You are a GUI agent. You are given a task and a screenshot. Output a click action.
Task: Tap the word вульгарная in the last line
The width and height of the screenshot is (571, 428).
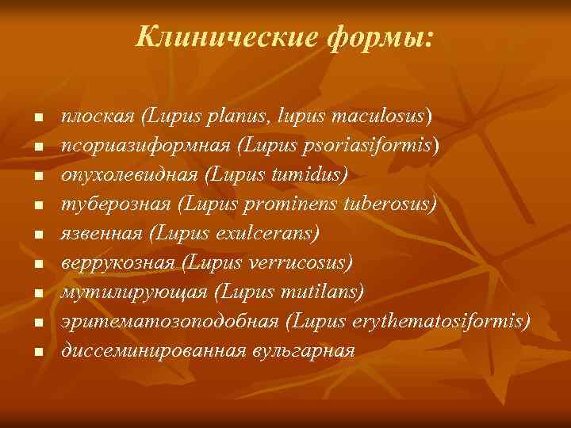point(298,350)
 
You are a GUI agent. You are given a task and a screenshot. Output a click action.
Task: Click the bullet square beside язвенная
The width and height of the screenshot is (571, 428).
point(36,235)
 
